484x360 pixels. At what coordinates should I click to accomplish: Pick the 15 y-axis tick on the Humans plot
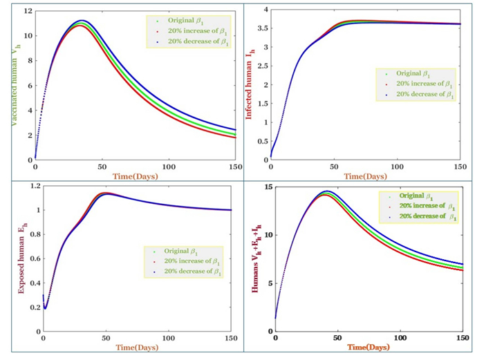268,187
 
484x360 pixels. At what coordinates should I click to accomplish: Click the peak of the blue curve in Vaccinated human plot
82,21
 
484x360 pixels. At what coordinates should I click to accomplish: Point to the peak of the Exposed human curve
104,193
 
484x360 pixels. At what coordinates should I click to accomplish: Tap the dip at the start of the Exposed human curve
45,307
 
